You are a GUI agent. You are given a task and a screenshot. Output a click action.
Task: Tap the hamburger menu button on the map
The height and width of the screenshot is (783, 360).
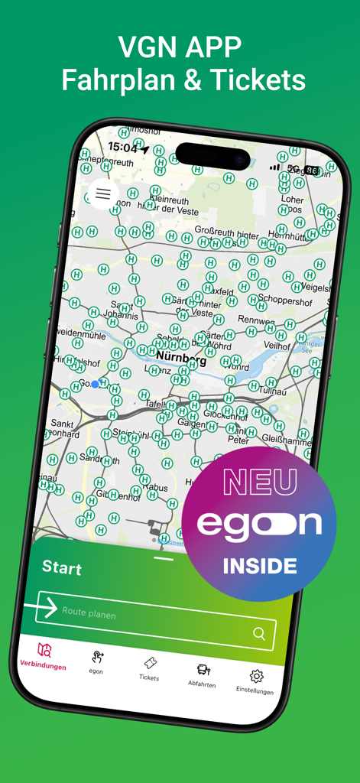pos(103,194)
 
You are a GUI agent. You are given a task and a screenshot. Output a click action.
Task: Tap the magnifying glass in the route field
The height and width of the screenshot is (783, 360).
pos(260,633)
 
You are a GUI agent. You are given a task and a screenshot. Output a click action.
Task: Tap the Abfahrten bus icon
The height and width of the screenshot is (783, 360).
pos(203,670)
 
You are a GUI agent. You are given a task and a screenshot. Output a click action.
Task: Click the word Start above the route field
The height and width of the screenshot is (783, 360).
pos(61,567)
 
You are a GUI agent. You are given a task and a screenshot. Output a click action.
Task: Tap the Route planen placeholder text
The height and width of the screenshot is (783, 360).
pos(90,612)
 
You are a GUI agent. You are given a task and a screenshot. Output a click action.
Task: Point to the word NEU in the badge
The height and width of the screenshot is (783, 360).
pos(260,482)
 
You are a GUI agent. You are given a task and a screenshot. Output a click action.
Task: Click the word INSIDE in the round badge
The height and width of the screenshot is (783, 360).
pos(260,567)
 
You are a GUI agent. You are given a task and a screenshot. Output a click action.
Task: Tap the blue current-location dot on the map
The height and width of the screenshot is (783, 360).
pos(95,384)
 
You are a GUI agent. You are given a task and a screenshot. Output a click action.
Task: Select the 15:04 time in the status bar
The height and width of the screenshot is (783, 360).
pos(123,146)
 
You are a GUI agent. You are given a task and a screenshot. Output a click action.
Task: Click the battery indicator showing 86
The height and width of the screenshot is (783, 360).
pos(312,171)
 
